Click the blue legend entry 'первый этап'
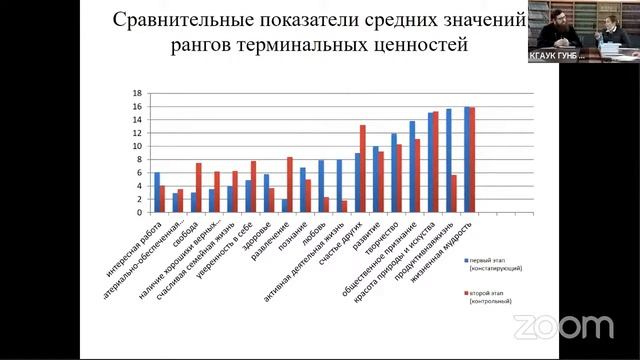click(x=496, y=262)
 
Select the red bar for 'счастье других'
click(x=363, y=168)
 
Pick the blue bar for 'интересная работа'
click(x=156, y=192)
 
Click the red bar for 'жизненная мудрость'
click(x=472, y=159)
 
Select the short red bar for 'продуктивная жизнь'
click(x=454, y=193)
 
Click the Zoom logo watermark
click(x=563, y=327)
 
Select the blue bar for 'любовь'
click(x=321, y=186)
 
